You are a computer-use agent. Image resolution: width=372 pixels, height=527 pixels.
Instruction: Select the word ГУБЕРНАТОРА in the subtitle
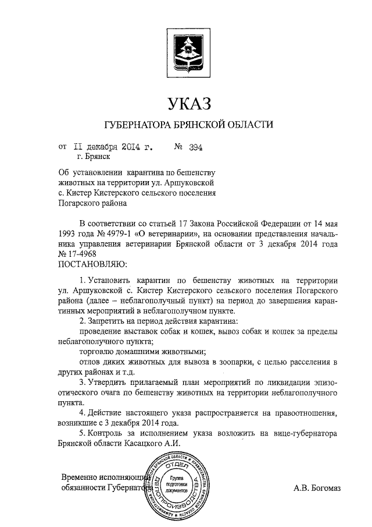coord(137,125)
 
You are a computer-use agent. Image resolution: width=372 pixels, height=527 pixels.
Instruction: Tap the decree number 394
coord(195,147)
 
